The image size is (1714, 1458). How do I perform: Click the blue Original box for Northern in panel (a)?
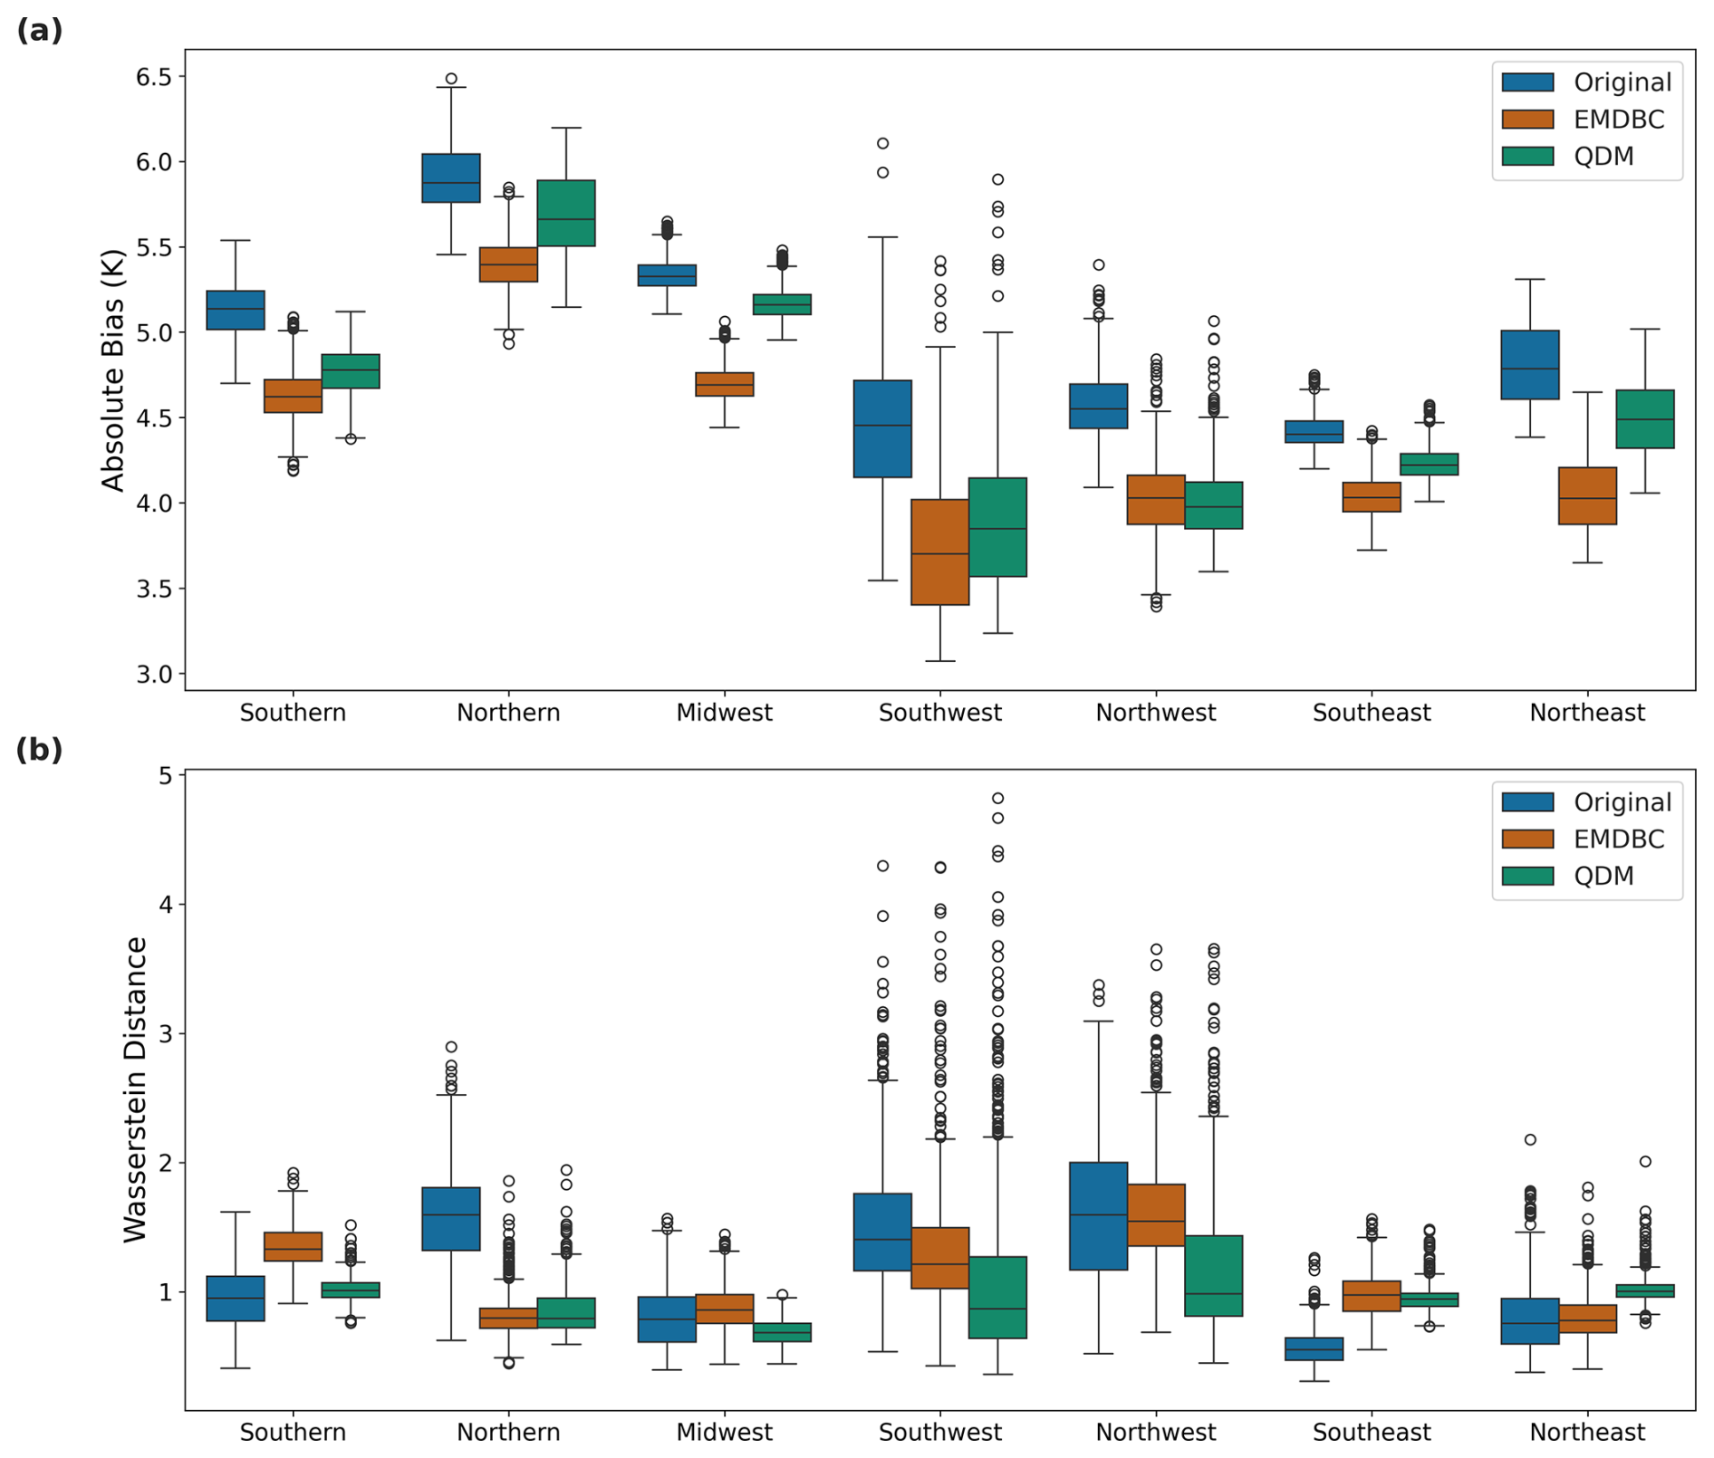451,177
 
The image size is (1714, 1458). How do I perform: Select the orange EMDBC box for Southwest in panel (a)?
939,552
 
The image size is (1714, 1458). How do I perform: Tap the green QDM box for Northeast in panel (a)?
1644,418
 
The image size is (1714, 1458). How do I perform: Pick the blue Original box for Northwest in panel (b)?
1098,1215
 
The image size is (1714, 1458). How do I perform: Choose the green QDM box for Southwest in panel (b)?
997,1297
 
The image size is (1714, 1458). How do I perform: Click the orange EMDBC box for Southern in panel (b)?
293,1246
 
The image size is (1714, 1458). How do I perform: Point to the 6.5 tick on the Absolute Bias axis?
153,77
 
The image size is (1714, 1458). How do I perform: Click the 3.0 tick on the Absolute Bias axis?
153,674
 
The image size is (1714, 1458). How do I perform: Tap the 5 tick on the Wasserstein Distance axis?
165,775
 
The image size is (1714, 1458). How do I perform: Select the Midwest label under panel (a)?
724,713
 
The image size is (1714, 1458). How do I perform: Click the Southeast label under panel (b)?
1371,1432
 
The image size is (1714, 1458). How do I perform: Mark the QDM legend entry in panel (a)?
1603,156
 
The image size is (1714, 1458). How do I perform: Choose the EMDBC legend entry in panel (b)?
1618,839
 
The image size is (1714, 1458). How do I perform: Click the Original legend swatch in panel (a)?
1527,82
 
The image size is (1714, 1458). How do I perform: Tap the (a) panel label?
39,30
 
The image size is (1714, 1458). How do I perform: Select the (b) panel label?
39,750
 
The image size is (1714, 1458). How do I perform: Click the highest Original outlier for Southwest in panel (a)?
882,143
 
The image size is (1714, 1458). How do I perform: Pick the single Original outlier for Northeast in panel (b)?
1530,1139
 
